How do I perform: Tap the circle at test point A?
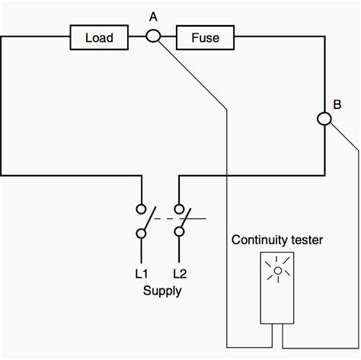tap(153, 36)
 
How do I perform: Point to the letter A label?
tap(153, 15)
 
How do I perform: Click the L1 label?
tap(141, 272)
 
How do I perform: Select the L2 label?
tap(180, 272)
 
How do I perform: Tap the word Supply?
tap(161, 291)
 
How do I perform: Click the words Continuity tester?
tap(278, 241)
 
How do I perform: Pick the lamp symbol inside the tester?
tap(278, 271)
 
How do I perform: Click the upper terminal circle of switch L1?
tap(141, 208)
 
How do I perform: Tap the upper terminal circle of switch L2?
tap(180, 208)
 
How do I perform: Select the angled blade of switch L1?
tap(149, 220)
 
